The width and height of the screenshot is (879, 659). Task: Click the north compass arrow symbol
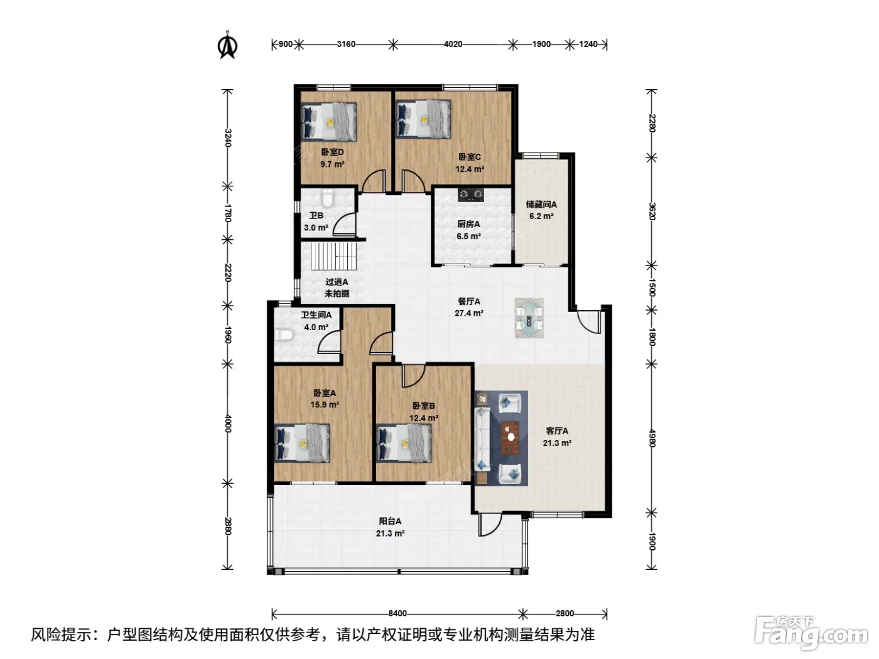point(227,46)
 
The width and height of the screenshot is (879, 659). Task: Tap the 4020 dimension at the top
point(453,44)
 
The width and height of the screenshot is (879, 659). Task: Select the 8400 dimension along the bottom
point(397,613)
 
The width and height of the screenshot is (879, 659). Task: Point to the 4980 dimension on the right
point(652,438)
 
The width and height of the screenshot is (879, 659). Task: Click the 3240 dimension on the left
point(228,137)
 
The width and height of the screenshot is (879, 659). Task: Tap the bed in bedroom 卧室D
point(329,122)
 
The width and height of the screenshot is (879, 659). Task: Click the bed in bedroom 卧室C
point(423,119)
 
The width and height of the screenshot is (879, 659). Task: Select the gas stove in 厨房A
point(470,195)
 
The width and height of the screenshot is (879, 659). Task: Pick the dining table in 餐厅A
point(529,318)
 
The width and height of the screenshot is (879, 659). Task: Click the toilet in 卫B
point(327,198)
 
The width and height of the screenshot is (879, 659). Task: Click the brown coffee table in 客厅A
point(510,437)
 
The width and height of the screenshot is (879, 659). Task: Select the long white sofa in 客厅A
point(482,439)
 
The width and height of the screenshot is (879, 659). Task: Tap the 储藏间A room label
point(541,205)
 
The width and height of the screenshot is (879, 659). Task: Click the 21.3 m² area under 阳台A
point(390,533)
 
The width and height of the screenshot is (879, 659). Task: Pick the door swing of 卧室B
point(413,376)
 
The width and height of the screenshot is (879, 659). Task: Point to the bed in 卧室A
point(303,443)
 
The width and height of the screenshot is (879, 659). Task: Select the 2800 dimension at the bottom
point(564,613)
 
